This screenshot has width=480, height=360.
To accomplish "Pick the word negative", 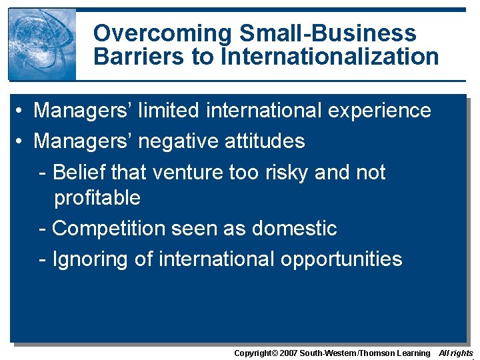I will click(175, 141).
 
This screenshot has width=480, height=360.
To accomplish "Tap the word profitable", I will click(97, 197).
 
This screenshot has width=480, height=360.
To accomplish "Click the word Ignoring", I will click(90, 259).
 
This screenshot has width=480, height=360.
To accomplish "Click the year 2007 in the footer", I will click(287, 353).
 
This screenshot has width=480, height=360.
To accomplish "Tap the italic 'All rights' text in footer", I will click(456, 353).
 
